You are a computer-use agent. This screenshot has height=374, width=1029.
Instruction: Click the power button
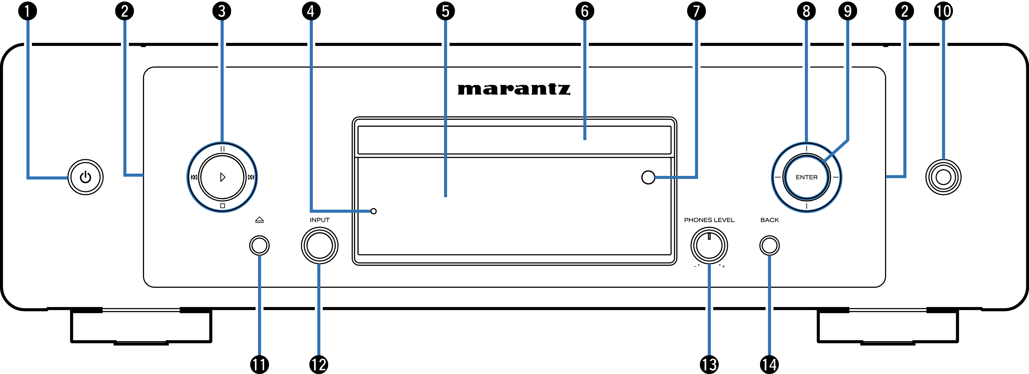coord(85,177)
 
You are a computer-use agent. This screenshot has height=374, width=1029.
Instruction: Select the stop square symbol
coord(223,206)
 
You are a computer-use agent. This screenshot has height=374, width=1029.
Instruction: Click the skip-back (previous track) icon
coord(194,177)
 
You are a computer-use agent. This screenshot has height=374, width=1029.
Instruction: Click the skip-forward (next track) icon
coord(251,177)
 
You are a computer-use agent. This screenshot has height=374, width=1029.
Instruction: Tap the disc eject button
coord(259,245)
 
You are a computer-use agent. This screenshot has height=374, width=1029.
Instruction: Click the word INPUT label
coord(319,220)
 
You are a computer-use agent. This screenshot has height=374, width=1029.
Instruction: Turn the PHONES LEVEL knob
coord(709,245)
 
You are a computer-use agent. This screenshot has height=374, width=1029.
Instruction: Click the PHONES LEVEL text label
coord(709,220)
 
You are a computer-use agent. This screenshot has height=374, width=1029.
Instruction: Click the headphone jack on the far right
coord(943,177)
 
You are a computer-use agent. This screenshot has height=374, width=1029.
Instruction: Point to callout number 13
coord(709,364)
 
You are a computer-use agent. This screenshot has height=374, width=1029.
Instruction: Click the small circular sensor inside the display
coord(648,177)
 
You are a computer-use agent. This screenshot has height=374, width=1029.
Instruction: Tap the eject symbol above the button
coord(259,219)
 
